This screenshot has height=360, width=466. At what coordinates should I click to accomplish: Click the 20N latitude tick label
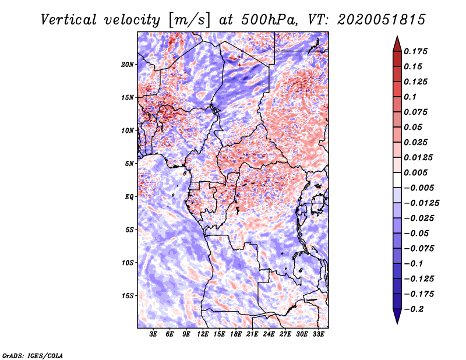(128, 64)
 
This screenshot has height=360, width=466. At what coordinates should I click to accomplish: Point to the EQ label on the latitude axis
(129, 196)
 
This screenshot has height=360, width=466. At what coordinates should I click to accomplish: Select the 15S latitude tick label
(128, 295)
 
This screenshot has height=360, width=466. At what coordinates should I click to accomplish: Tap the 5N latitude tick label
(130, 163)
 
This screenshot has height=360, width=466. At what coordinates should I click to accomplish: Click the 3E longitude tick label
(154, 334)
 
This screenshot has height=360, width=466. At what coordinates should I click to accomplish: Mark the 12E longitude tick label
(203, 334)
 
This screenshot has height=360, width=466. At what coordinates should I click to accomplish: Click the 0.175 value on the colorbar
(417, 51)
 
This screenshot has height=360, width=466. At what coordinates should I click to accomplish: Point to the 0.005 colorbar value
(417, 172)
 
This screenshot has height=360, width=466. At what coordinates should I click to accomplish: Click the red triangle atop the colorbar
(396, 43)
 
